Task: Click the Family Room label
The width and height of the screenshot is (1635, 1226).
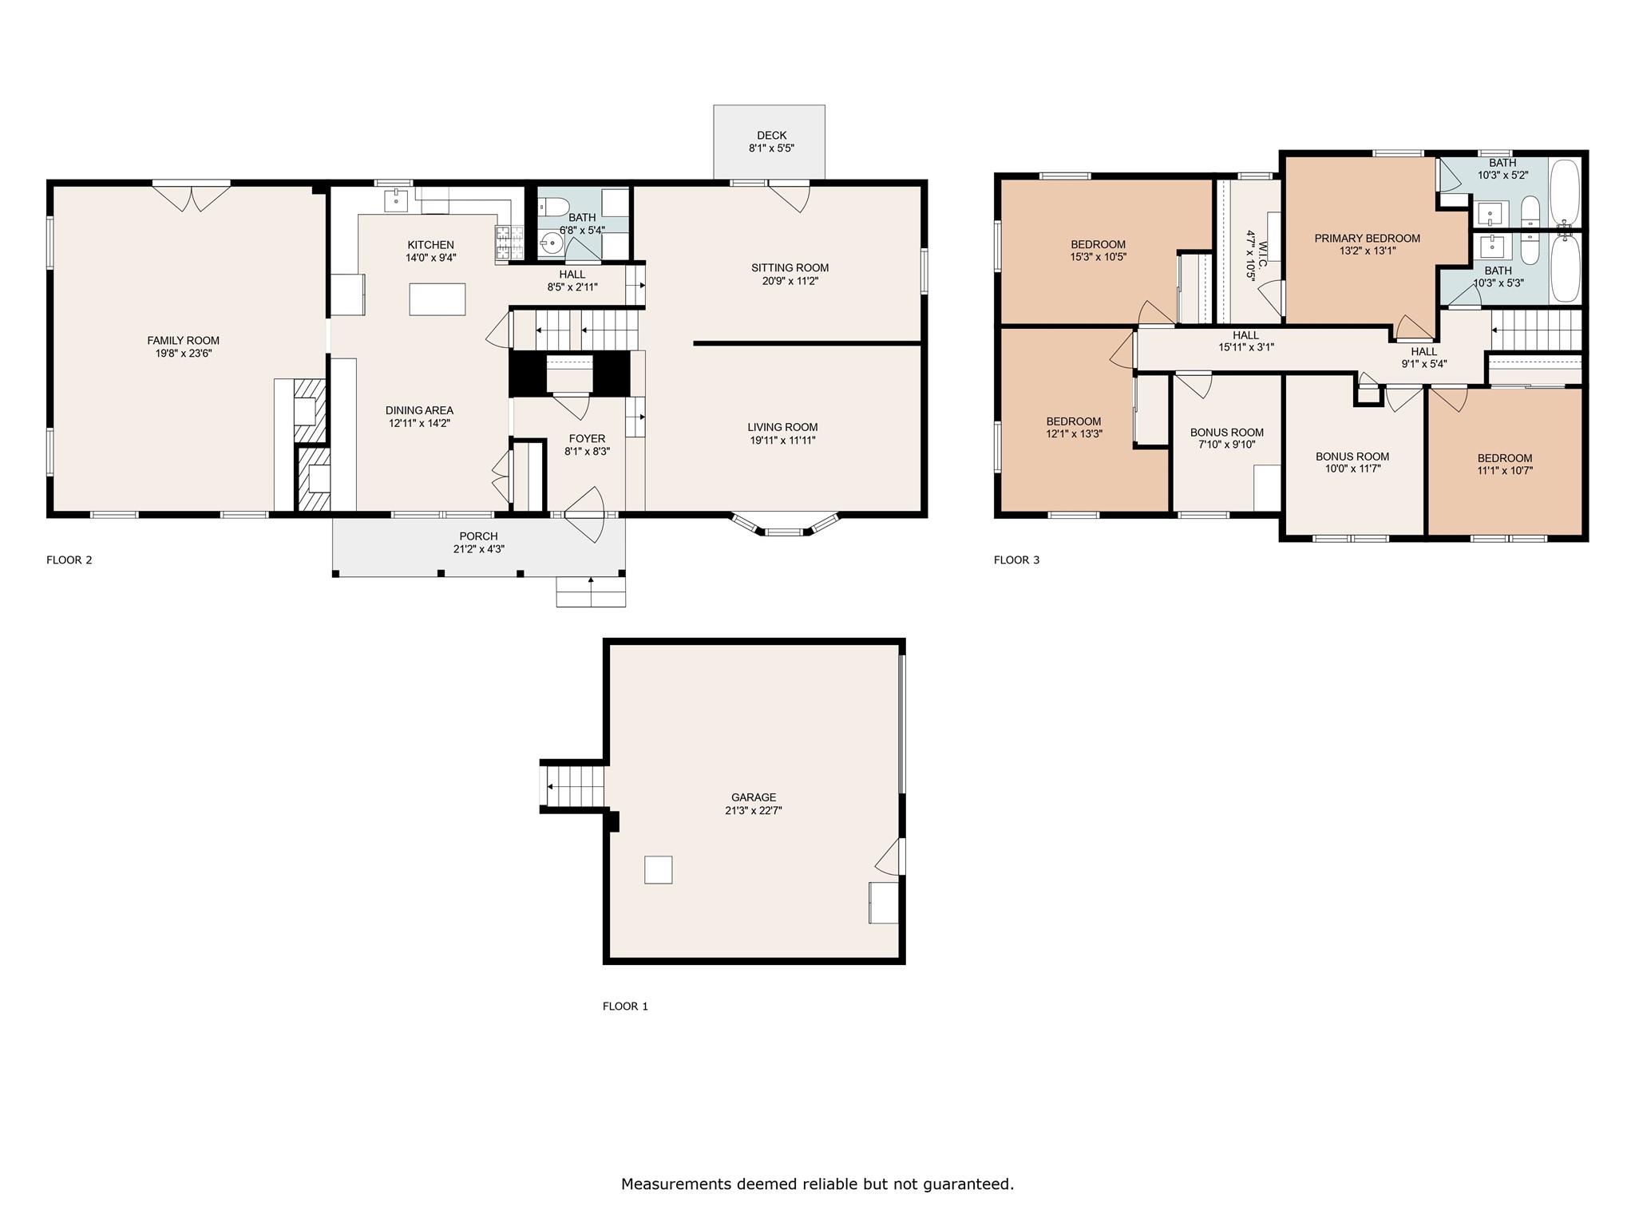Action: click(x=183, y=340)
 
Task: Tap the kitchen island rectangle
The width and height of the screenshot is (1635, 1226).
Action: click(x=437, y=299)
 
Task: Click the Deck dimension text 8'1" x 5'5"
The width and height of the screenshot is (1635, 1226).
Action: click(x=771, y=148)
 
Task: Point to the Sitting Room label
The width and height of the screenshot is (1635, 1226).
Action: click(x=790, y=267)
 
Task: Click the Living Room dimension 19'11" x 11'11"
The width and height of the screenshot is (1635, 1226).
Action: click(x=782, y=440)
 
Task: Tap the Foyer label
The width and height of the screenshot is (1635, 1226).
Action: click(x=587, y=438)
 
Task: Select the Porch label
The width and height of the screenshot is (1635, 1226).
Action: click(x=478, y=536)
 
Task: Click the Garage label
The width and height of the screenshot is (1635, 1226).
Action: click(x=754, y=797)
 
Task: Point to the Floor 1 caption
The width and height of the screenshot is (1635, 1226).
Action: click(x=625, y=1007)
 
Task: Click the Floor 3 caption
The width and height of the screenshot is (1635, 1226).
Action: click(x=1016, y=560)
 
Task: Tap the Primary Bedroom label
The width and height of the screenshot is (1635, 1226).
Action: click(x=1367, y=238)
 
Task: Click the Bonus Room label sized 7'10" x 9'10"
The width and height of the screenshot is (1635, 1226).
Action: click(x=1226, y=433)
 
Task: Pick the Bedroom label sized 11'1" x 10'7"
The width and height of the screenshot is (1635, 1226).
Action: click(x=1504, y=458)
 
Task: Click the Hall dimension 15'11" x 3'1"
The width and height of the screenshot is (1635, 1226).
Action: click(x=1245, y=347)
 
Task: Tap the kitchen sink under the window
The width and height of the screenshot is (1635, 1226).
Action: click(x=397, y=200)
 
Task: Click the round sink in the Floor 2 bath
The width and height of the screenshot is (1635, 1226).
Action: click(x=550, y=243)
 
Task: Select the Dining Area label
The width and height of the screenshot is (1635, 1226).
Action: click(x=419, y=410)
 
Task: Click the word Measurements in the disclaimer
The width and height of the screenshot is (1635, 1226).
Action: click(x=677, y=1184)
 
